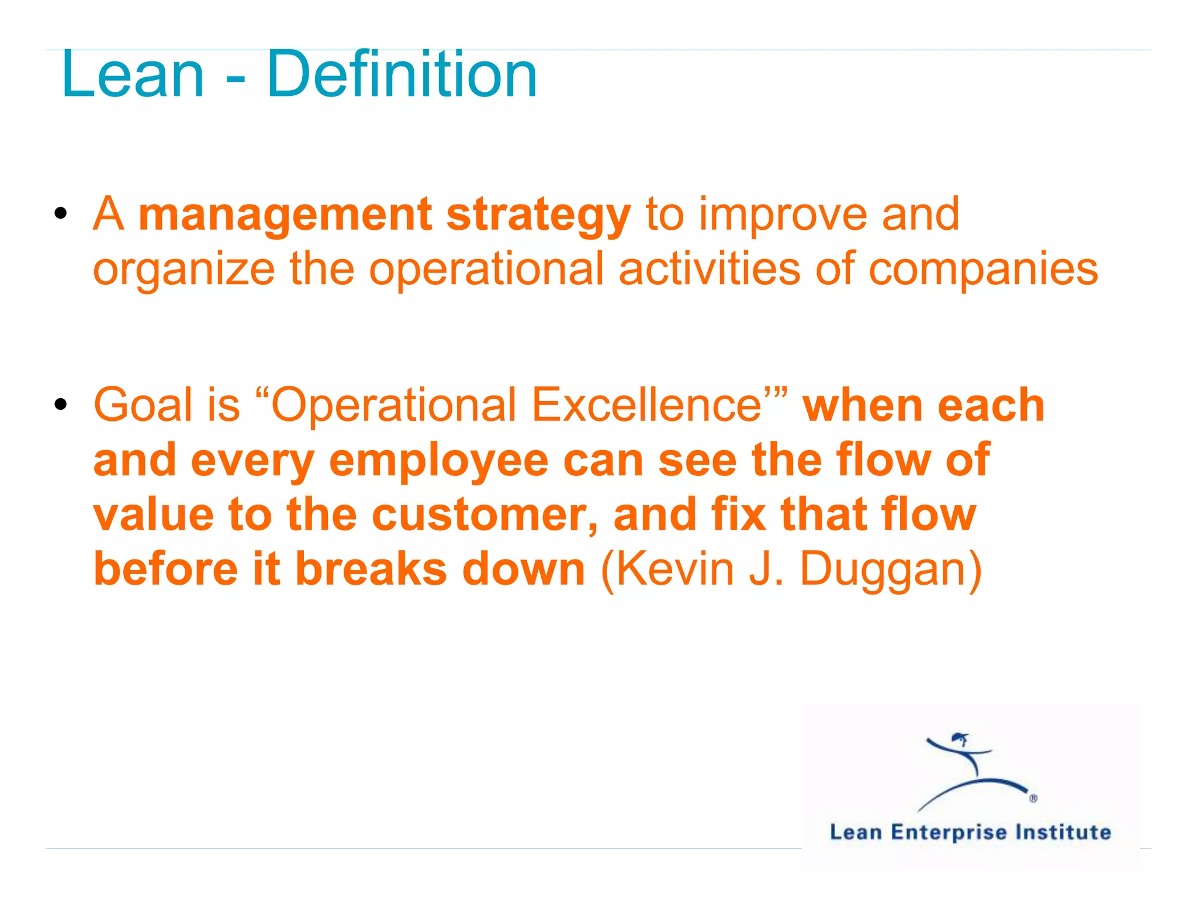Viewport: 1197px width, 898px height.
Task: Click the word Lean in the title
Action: tap(133, 75)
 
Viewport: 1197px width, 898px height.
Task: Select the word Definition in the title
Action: tap(402, 75)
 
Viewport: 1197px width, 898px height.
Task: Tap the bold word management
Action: tap(285, 215)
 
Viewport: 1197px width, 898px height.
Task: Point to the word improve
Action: tap(783, 215)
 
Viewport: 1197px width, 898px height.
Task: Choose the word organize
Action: tap(184, 270)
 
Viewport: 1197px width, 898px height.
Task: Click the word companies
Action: tap(983, 270)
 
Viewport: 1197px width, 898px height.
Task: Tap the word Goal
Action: tap(143, 405)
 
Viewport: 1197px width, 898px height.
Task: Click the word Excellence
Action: tap(646, 405)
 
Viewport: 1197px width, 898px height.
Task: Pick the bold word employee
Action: tap(438, 461)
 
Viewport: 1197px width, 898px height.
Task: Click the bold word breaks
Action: tap(371, 569)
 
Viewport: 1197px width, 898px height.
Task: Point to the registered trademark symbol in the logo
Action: tap(1033, 799)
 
